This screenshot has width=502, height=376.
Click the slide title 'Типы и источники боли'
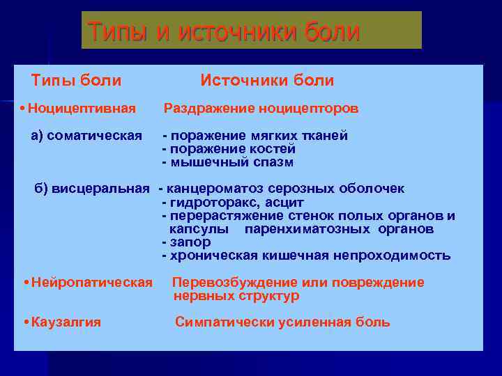[224, 31]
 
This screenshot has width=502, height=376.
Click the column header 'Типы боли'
[77, 81]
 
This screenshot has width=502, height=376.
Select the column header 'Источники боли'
[267, 81]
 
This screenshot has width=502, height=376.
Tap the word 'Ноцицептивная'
[83, 109]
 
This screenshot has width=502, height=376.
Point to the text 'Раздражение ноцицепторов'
[261, 109]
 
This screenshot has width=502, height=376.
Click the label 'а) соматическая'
[87, 135]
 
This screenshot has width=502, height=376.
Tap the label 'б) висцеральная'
[92, 189]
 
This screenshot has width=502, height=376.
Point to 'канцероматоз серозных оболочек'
[285, 189]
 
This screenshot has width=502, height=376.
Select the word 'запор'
[189, 242]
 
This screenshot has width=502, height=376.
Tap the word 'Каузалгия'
[66, 322]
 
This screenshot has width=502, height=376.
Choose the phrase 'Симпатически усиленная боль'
[282, 322]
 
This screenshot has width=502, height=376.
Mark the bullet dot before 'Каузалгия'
[26, 322]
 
